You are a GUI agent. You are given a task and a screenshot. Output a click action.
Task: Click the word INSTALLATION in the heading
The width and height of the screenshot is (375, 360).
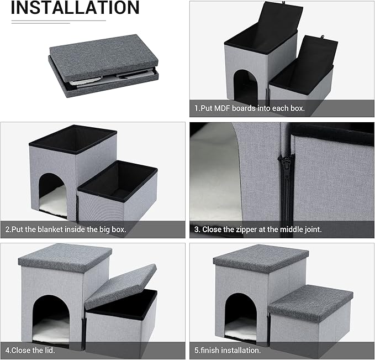(75, 8)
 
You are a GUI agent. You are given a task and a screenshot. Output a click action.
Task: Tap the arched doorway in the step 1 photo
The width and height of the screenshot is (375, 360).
(245, 87)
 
